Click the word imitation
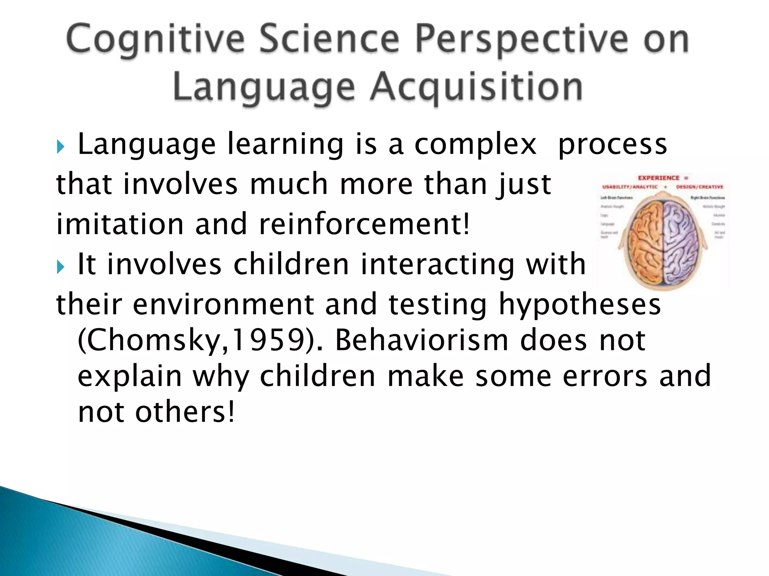point(120,224)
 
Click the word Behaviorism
point(421,340)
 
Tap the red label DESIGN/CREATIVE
point(700,187)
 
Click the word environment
point(223,304)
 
